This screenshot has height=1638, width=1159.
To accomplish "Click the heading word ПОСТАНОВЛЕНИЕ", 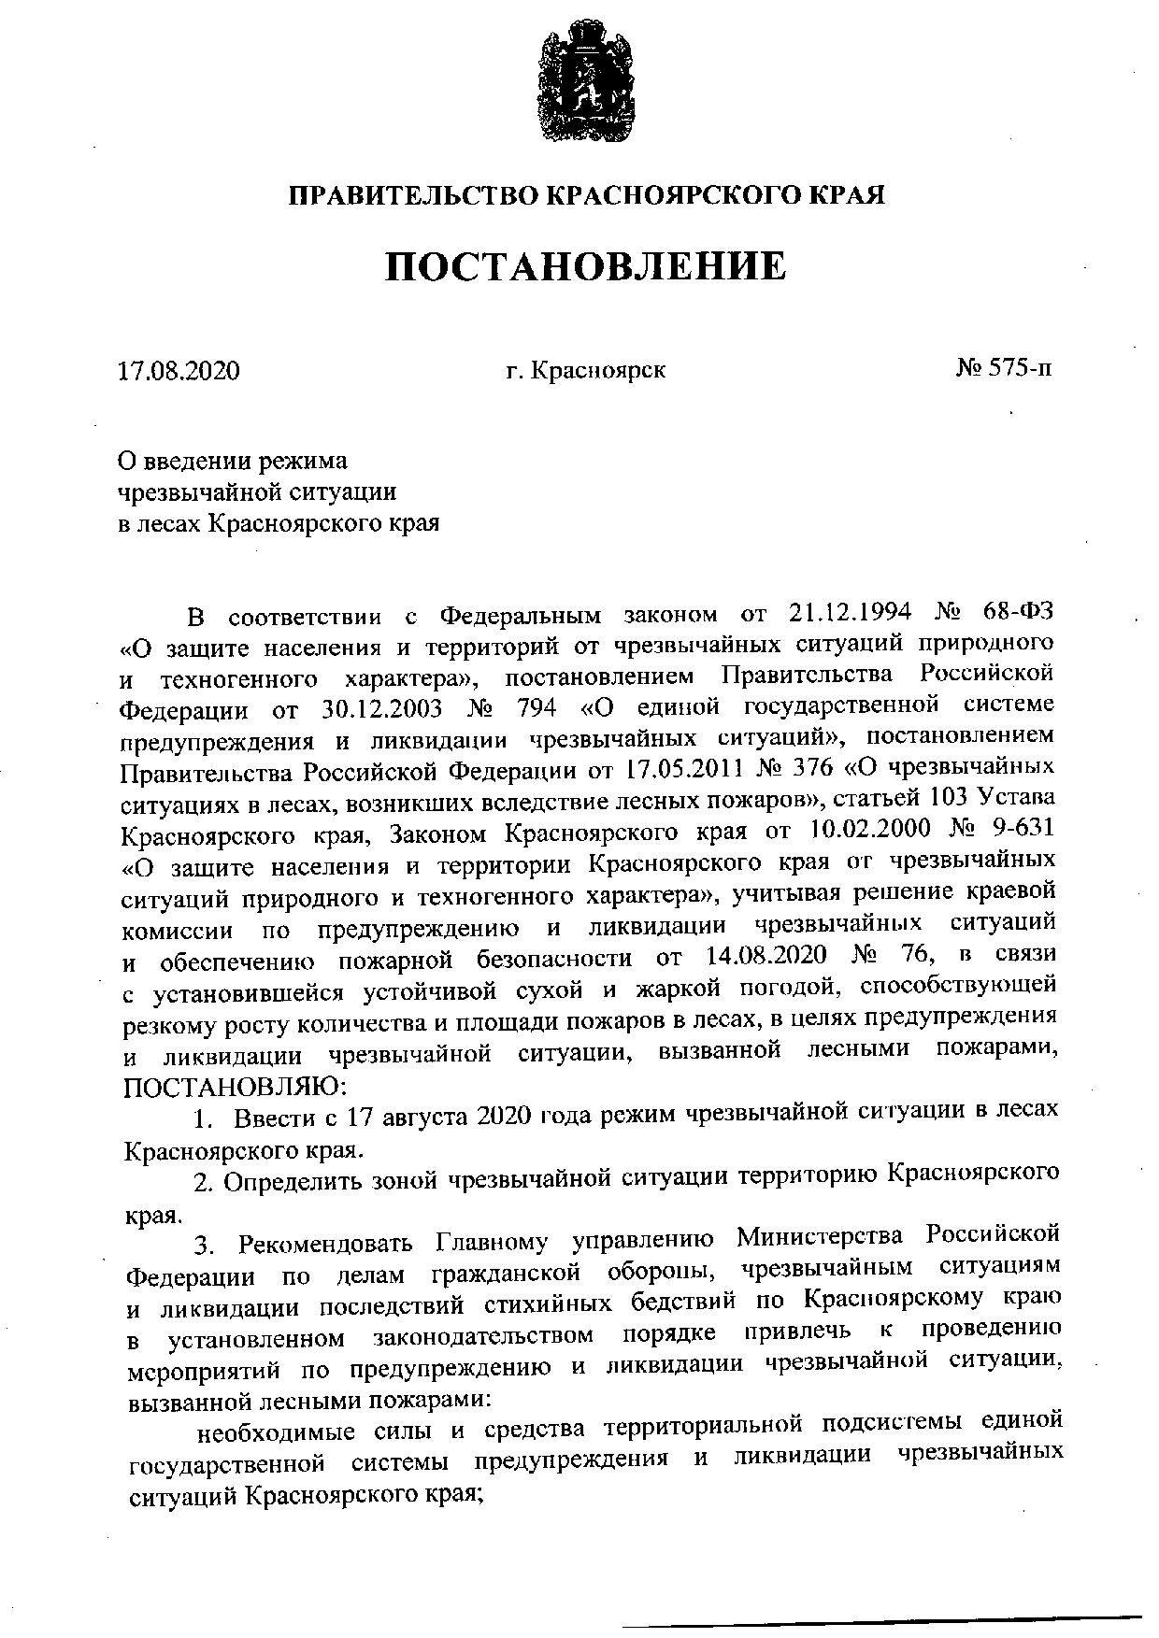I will point(586,267).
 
